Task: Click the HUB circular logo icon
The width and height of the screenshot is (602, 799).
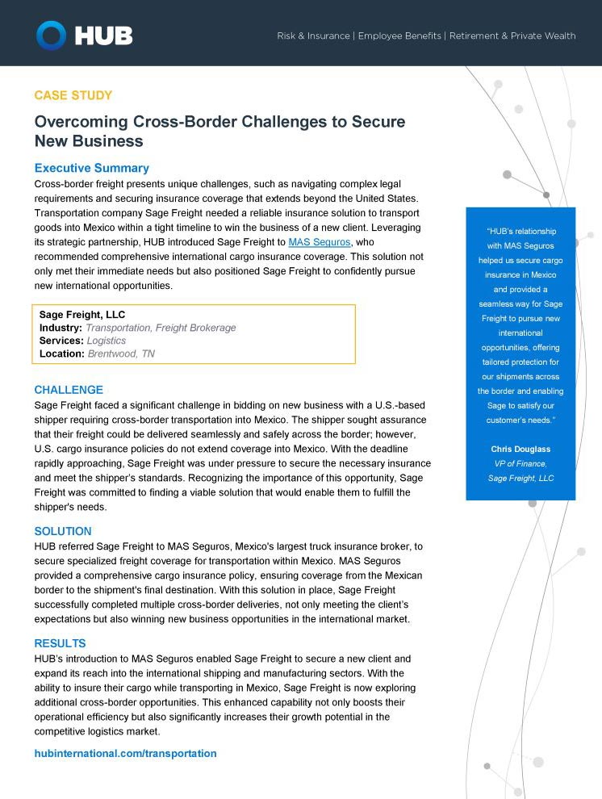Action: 51,35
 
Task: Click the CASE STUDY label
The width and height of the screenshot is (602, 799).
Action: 73,95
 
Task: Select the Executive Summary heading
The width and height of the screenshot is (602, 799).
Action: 91,168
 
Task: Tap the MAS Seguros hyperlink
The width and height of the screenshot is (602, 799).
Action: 320,242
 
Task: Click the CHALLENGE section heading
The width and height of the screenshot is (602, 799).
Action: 69,390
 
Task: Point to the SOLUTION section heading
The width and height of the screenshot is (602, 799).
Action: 63,531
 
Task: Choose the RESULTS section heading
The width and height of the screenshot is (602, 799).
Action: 60,643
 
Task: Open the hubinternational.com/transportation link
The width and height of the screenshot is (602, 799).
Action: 125,753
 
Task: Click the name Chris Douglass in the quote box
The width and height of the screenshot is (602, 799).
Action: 520,449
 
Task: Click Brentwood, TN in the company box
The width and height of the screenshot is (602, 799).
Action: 121,353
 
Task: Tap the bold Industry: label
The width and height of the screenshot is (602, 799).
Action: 61,328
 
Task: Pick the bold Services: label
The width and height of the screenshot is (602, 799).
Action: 61,341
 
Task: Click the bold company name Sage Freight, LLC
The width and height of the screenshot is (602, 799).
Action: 82,314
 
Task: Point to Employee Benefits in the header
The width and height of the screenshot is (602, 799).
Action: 399,36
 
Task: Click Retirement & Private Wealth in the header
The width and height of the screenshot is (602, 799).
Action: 512,36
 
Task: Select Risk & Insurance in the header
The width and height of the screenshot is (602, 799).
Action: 313,36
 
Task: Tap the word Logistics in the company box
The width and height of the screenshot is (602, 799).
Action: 107,341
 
